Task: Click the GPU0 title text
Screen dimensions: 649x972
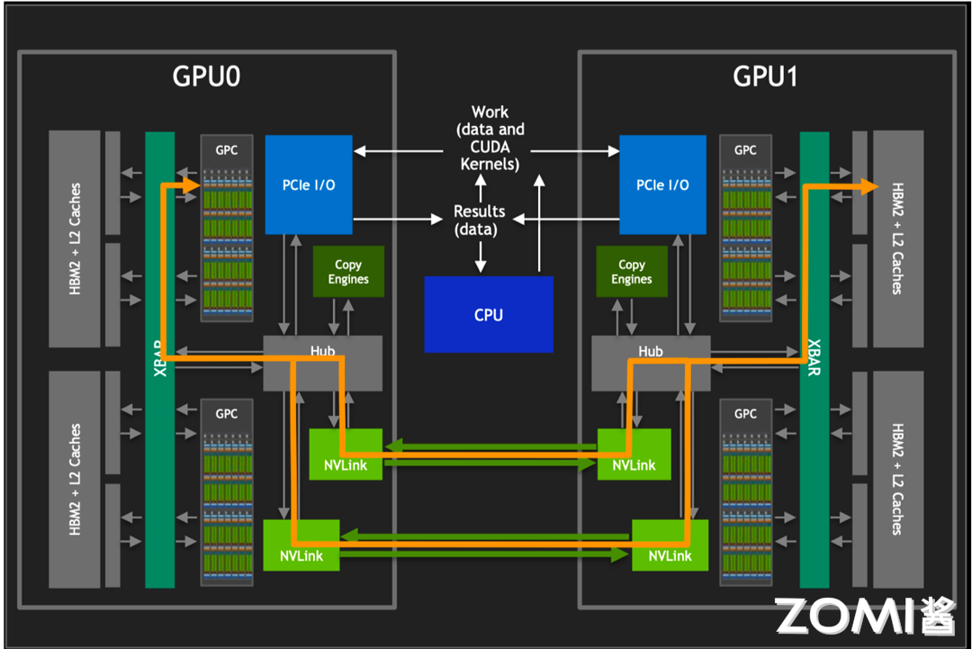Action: pyautogui.click(x=206, y=77)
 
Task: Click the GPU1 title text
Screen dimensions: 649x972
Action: pyautogui.click(x=766, y=77)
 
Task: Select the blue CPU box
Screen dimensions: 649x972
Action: pyautogui.click(x=489, y=314)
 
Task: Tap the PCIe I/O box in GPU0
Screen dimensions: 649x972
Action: pyautogui.click(x=309, y=185)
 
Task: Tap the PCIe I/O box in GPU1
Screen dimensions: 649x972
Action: pyautogui.click(x=662, y=185)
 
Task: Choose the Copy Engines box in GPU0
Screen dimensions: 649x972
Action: pyautogui.click(x=348, y=272)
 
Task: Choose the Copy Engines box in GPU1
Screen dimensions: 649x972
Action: pyautogui.click(x=632, y=272)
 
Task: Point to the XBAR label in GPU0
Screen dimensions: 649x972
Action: pyautogui.click(x=160, y=357)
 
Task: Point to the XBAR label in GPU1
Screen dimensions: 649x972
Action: pyautogui.click(x=814, y=357)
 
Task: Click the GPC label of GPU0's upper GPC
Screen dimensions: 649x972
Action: pyautogui.click(x=227, y=150)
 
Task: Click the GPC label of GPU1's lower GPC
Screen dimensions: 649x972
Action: pyautogui.click(x=745, y=413)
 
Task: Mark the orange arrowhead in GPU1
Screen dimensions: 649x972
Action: pyautogui.click(x=868, y=186)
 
